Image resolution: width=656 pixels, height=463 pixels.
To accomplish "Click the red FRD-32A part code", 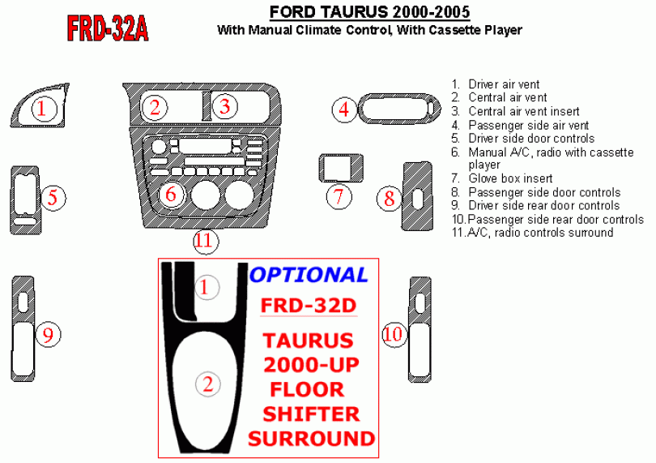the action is click(108, 29).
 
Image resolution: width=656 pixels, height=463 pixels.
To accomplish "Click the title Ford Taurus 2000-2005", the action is click(370, 11).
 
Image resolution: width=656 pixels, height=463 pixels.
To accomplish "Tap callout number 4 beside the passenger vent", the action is click(344, 109).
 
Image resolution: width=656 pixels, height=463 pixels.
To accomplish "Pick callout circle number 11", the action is click(206, 242).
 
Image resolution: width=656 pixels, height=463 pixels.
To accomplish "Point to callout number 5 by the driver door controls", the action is click(53, 198).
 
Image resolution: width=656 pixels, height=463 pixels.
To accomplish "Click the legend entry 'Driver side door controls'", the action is click(523, 139).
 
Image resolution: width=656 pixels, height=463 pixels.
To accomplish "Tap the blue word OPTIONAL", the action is click(309, 275).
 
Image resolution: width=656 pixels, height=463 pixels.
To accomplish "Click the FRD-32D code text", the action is click(309, 306).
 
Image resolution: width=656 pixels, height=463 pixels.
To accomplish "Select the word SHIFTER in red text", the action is click(311, 414).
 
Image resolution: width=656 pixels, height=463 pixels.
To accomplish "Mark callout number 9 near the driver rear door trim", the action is click(49, 335).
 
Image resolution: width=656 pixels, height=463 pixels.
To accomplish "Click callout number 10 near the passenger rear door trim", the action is click(393, 334).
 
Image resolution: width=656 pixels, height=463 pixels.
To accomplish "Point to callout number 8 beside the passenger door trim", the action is click(389, 198).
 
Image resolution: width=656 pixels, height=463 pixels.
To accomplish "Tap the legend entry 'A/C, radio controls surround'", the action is click(532, 233).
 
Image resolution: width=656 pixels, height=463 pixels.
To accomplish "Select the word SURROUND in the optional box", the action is click(311, 439).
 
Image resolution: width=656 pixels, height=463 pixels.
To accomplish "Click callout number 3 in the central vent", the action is click(225, 106).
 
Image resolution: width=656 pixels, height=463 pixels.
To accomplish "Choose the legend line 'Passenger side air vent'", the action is click(520, 125).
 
